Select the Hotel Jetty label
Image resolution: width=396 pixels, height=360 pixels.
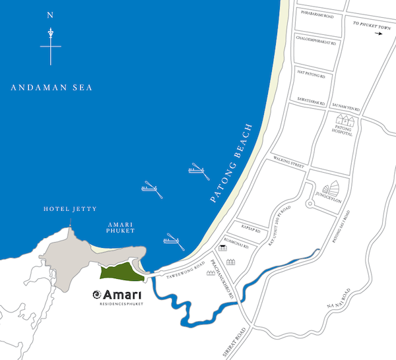[70, 209]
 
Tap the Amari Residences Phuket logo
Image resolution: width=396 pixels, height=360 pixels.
[119, 295]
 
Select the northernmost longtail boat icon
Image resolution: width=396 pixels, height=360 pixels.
[197, 169]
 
